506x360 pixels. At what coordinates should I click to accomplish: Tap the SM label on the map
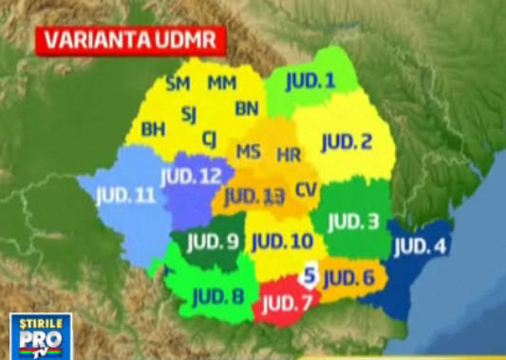point(178,84)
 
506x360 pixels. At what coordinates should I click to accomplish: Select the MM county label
point(222,84)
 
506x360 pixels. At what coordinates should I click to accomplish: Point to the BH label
point(153,128)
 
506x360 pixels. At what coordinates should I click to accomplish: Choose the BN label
point(247,107)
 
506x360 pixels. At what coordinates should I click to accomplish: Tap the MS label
point(249,152)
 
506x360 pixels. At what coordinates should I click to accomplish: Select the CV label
point(306,189)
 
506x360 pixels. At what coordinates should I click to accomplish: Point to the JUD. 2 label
point(346,142)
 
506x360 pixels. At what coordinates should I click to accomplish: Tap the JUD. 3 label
point(353,222)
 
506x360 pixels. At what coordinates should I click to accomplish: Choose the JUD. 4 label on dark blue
point(420,244)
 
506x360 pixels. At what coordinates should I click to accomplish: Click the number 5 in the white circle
point(309,275)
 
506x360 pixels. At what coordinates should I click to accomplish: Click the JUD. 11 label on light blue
point(124,197)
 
